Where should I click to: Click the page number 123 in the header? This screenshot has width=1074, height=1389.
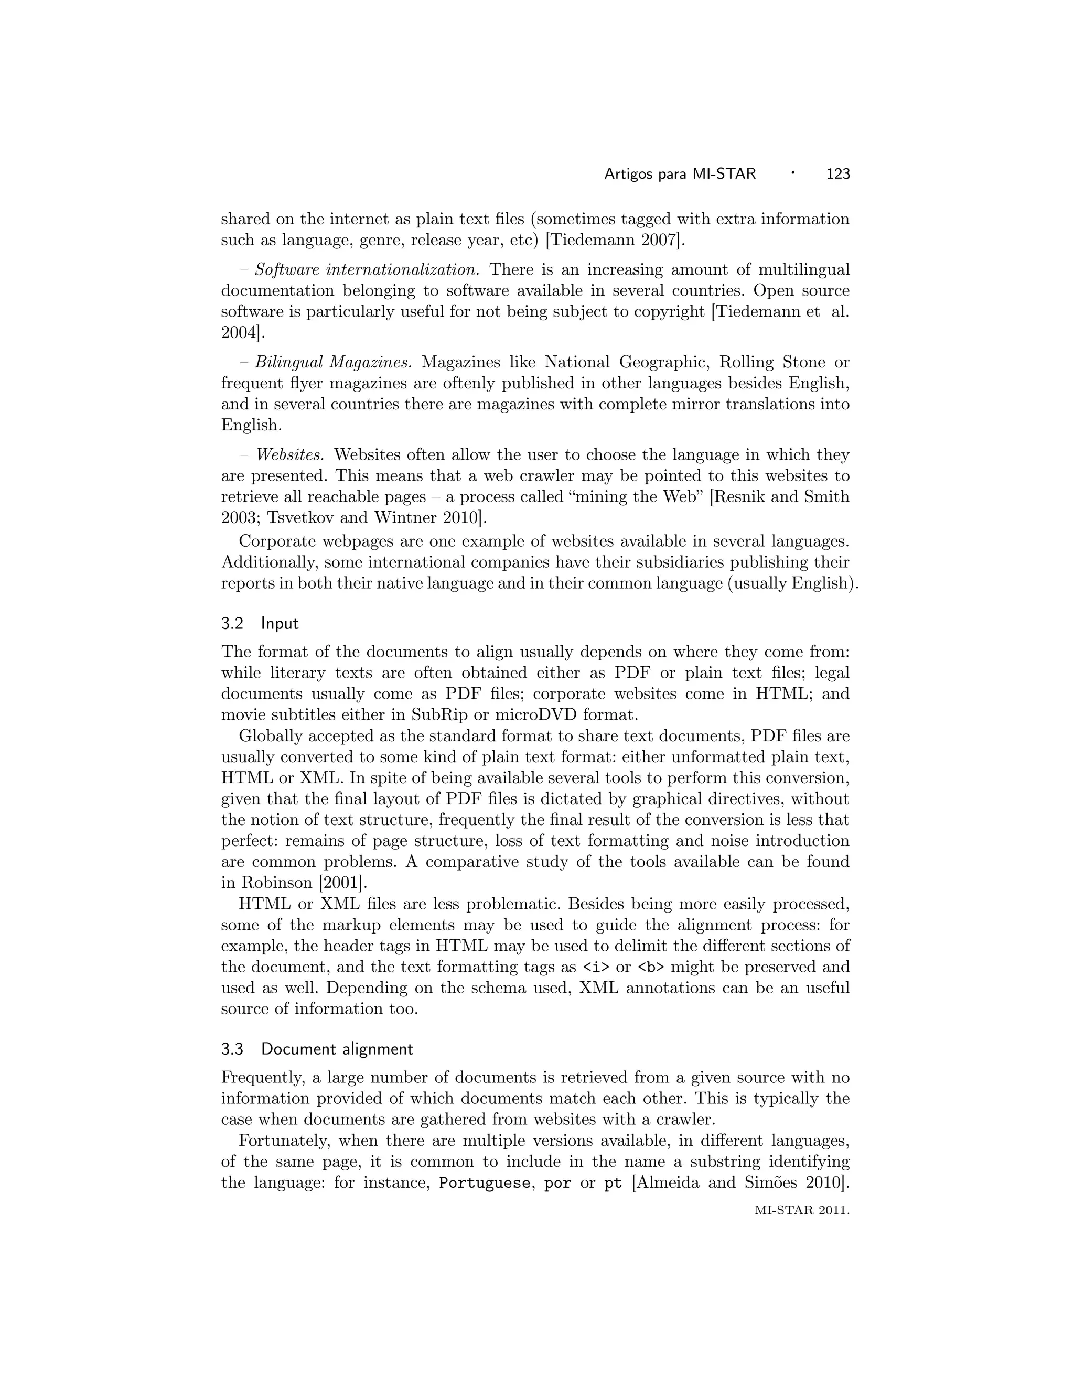click(837, 173)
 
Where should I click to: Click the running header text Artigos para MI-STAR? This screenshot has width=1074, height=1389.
click(680, 173)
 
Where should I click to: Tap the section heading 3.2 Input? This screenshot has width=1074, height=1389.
click(260, 623)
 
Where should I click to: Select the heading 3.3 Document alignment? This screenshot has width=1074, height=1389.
click(317, 1049)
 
